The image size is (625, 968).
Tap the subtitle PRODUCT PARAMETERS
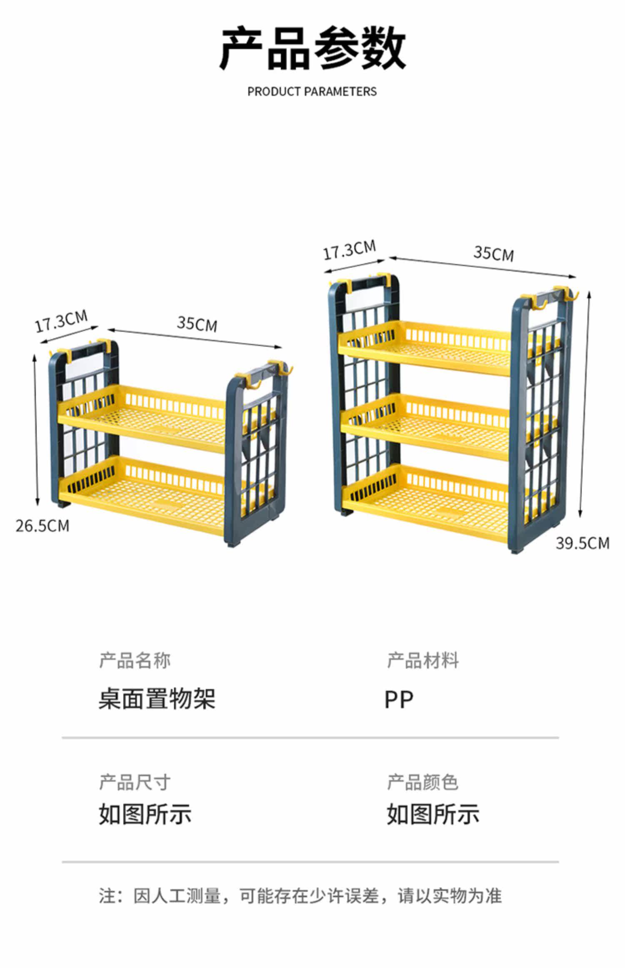[x=312, y=92]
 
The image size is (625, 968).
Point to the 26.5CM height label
[x=42, y=526]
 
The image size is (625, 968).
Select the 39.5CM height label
[x=582, y=543]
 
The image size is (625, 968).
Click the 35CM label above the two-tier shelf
[x=197, y=324]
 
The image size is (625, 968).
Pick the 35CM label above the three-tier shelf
[x=493, y=253]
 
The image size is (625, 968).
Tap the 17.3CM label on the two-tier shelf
[x=61, y=321]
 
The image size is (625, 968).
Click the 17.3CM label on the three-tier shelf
[x=350, y=249]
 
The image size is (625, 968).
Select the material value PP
[x=399, y=700]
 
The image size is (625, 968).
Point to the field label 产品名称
[x=135, y=661]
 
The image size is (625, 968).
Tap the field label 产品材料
[x=422, y=661]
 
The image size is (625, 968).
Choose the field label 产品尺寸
[x=135, y=782]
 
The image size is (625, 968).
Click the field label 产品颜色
[x=422, y=782]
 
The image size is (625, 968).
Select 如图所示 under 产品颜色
[x=433, y=814]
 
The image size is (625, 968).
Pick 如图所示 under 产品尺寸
[x=145, y=814]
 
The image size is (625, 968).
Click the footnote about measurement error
[x=300, y=896]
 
